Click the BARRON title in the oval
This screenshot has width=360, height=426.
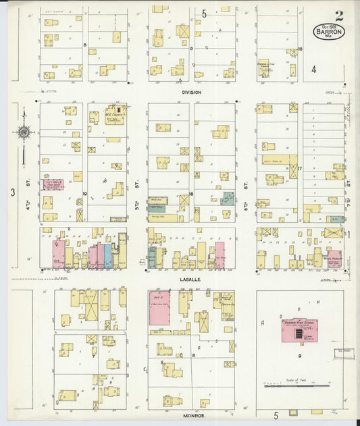tap(328, 31)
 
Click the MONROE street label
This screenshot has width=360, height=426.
tap(191, 416)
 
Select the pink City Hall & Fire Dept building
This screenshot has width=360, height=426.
tap(53, 184)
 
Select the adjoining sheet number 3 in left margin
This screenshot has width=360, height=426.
tap(12, 192)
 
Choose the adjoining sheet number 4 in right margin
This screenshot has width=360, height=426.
tap(313, 69)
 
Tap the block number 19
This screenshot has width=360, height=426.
tap(85, 193)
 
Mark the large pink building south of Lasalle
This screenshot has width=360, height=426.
tap(159, 308)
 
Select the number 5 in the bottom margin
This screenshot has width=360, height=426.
tap(276, 416)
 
